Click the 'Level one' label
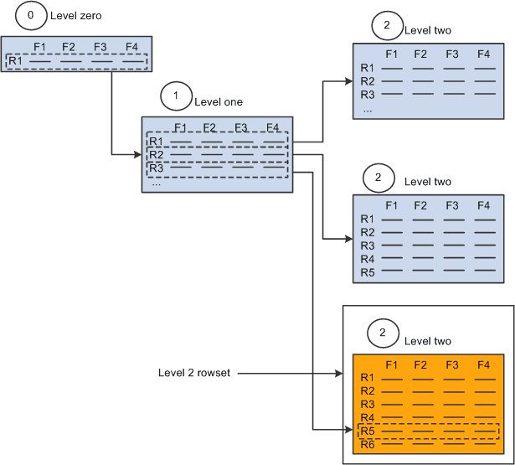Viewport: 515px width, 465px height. [219, 102]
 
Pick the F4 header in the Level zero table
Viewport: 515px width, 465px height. [131, 47]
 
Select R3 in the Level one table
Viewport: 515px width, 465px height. [156, 168]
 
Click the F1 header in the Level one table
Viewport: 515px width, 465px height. [179, 127]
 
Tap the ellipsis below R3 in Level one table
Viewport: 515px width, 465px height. [156, 182]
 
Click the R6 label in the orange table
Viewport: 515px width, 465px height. [367, 444]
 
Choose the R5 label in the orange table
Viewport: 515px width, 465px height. [367, 431]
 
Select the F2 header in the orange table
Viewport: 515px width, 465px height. [420, 364]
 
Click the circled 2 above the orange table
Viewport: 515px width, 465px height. [382, 333]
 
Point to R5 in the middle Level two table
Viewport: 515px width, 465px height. [367, 272]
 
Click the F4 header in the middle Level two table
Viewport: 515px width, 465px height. [483, 204]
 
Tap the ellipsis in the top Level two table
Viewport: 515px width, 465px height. [367, 109]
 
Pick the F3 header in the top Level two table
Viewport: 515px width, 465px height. [452, 54]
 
